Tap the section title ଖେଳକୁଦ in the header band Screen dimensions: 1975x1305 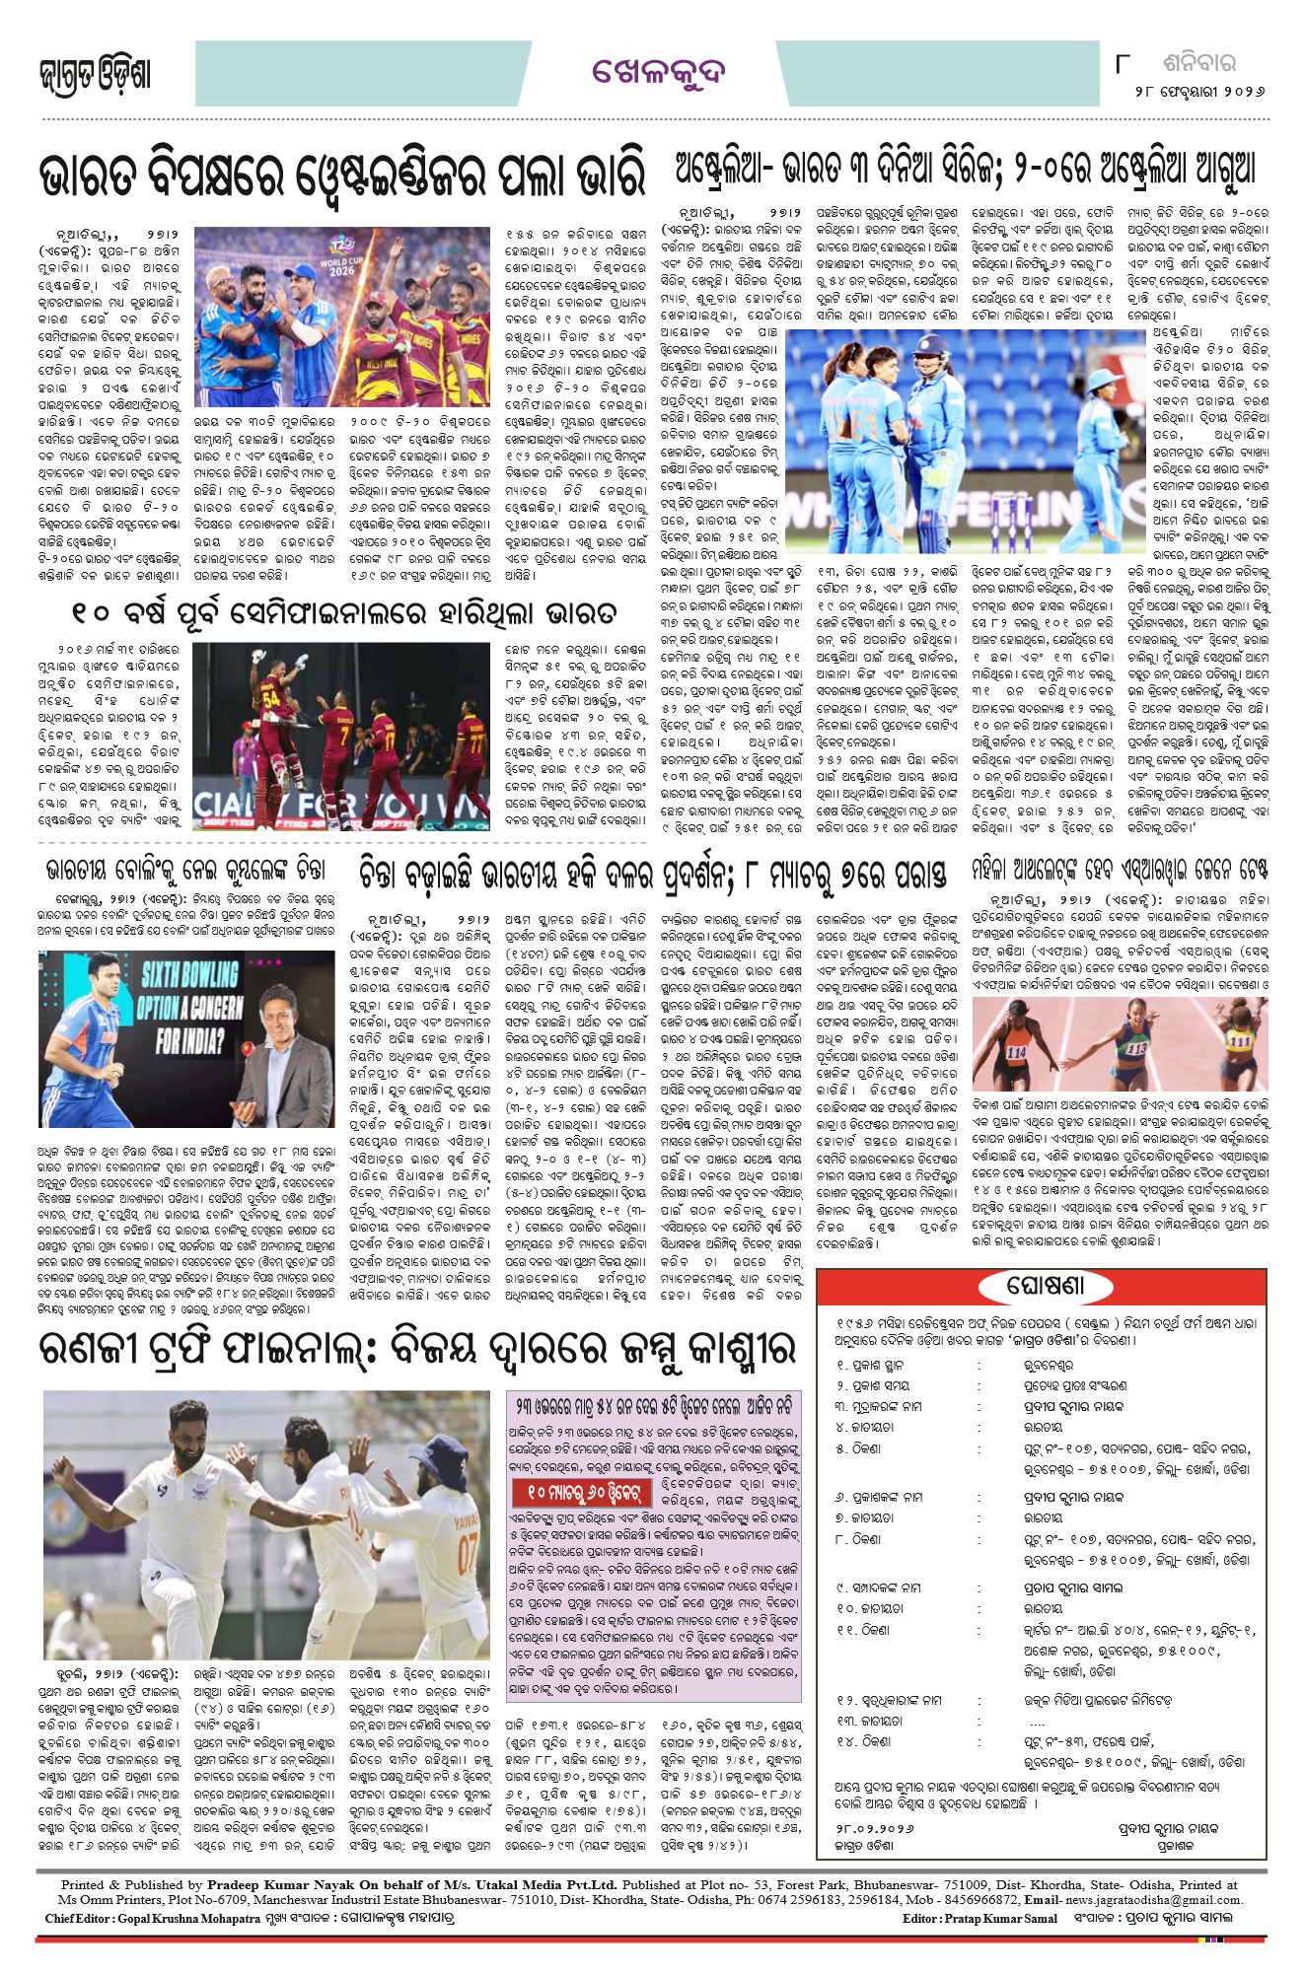click(659, 72)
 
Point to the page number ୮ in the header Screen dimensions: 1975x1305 click(1122, 64)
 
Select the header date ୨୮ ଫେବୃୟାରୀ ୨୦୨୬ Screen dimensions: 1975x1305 click(1199, 91)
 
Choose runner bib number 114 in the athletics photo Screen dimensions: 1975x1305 click(1017, 1052)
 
